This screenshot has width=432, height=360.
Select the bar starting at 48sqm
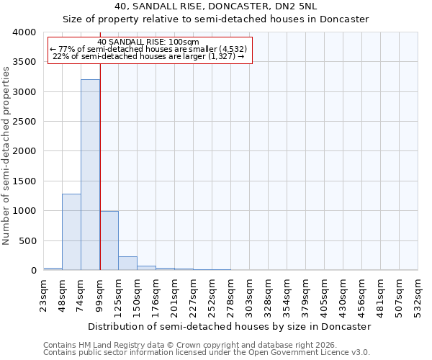click(x=71, y=232)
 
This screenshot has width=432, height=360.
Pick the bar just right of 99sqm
click(x=109, y=240)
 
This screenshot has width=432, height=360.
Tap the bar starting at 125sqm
click(x=127, y=264)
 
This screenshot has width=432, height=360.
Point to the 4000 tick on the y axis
click(x=24, y=33)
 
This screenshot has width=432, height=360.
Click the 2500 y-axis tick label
click(x=24, y=122)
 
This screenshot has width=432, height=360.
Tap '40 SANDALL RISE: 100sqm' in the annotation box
click(x=148, y=42)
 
